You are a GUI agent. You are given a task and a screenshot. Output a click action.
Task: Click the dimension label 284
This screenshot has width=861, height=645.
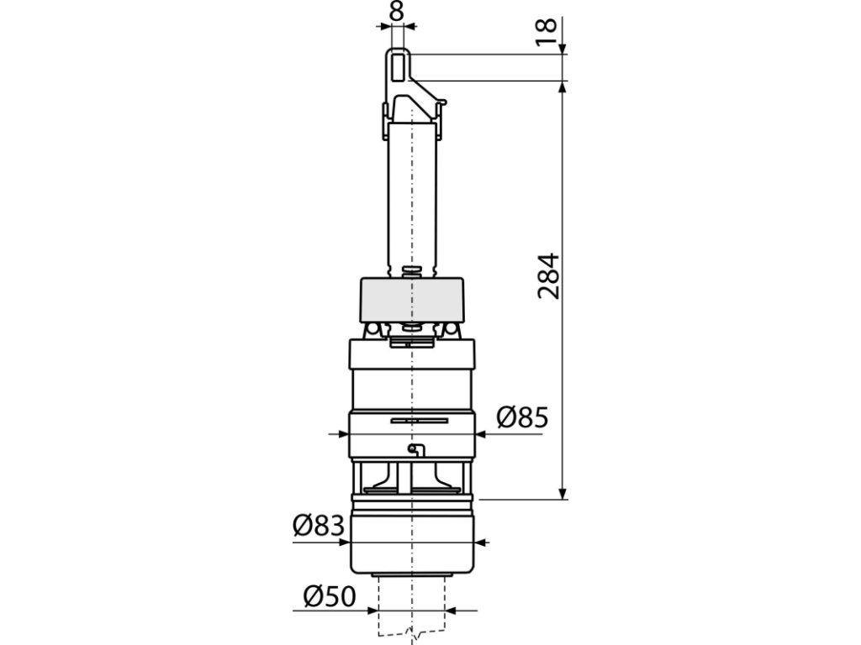548,275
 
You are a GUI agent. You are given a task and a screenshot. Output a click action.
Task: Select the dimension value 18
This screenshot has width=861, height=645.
547,33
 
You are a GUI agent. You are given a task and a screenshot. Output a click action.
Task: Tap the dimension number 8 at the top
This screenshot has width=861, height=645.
396,12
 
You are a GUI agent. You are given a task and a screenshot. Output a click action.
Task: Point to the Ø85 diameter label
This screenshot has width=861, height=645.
522,418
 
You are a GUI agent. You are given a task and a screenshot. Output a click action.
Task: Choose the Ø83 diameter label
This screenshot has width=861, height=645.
319,527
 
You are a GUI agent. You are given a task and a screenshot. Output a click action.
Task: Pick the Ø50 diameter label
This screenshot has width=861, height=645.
330,597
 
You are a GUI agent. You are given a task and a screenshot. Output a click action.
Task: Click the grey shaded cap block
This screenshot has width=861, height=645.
411,300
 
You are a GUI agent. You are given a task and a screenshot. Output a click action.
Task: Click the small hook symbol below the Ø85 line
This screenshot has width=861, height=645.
416,450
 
